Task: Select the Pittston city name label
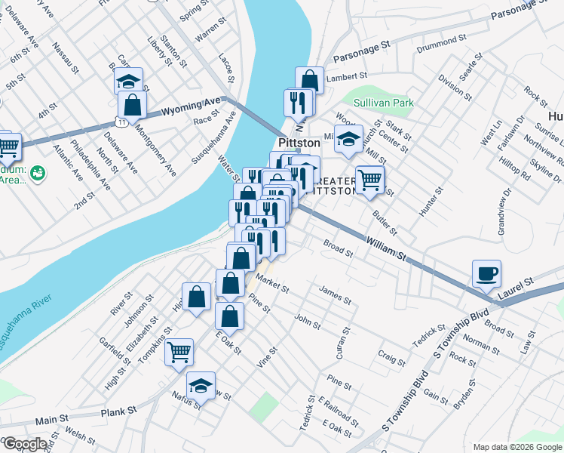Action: (x=299, y=143)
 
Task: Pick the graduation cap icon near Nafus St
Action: (x=201, y=386)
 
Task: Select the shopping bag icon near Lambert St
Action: (x=309, y=80)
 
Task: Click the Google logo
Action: (x=24, y=444)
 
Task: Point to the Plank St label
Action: (x=121, y=411)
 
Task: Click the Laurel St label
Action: (x=515, y=282)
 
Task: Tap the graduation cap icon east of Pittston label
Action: (x=348, y=139)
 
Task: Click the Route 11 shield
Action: (x=121, y=122)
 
